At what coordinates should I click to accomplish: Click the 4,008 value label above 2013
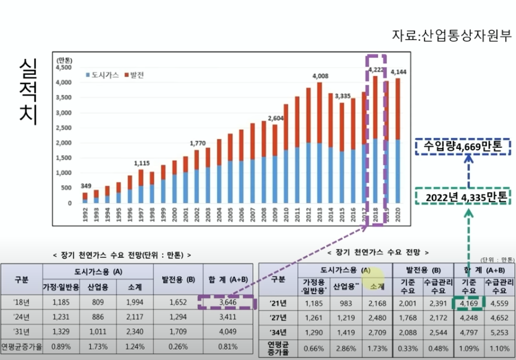pos(320,76)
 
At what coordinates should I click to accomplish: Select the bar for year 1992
pos(85,197)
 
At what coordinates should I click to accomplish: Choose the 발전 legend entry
pos(135,74)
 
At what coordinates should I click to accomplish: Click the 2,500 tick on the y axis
pos(64,127)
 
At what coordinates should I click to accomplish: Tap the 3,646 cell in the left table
pos(227,303)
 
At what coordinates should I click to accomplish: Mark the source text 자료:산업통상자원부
pos(451,35)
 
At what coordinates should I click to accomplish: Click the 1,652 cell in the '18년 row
pos(177,303)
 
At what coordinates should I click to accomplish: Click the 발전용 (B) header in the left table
pos(177,280)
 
